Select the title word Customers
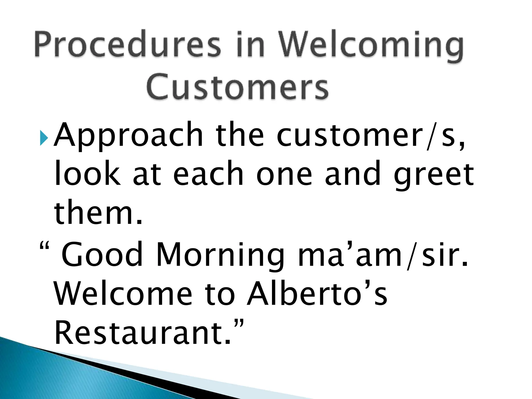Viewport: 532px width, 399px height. point(238,86)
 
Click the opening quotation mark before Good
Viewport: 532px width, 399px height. point(44,245)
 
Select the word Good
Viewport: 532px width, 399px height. point(103,255)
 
